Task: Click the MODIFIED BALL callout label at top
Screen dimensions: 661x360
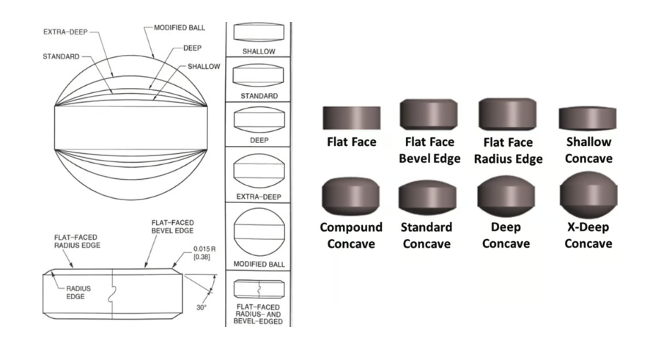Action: pos(179,27)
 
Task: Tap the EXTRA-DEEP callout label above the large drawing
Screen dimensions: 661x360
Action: pos(65,32)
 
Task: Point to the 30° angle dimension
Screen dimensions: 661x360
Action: pos(201,308)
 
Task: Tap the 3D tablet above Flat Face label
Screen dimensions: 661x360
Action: pos(351,117)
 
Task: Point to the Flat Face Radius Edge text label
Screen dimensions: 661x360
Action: pos(509,150)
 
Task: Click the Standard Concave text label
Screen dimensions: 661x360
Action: pos(428,235)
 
